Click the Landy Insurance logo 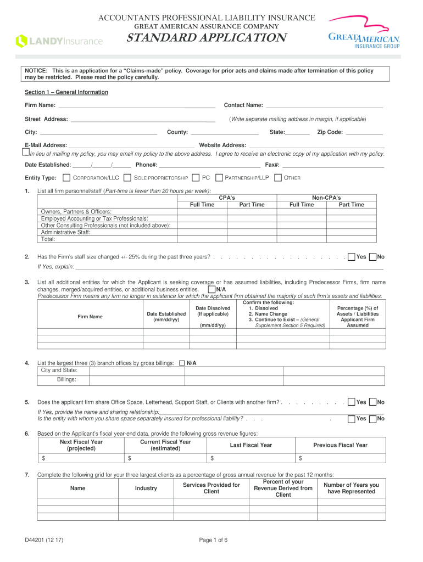coord(59,41)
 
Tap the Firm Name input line coord(136,105)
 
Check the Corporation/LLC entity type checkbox coord(66,178)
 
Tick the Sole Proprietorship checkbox coord(127,178)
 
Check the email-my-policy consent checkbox coord(25,151)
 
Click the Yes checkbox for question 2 coord(352,257)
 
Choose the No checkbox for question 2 coord(373,257)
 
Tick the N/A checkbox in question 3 coord(211,289)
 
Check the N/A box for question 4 coord(182,363)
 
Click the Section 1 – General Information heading coord(66,92)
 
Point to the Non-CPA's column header coord(326,197)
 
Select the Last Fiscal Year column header coord(251,445)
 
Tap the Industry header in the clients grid coord(146,488)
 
